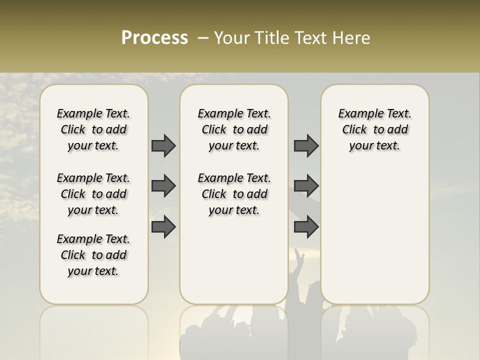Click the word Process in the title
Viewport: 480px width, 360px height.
tap(154, 38)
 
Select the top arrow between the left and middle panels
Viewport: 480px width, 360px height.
tap(163, 145)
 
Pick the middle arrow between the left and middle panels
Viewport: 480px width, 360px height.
tap(163, 186)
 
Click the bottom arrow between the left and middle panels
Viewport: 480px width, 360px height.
tap(163, 227)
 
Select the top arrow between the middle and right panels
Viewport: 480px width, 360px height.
tap(306, 145)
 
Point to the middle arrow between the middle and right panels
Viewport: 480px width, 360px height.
tap(306, 186)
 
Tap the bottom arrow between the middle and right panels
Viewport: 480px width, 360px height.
tap(306, 227)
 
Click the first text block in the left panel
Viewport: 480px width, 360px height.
tap(93, 129)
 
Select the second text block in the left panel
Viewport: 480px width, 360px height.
tap(93, 194)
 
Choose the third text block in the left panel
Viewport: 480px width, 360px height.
tap(93, 255)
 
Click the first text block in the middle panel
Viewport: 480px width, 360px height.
tap(234, 129)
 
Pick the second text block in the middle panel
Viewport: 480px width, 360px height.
tap(234, 194)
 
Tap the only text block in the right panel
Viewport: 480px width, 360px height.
tap(374, 129)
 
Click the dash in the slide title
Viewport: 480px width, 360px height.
tap(203, 38)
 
